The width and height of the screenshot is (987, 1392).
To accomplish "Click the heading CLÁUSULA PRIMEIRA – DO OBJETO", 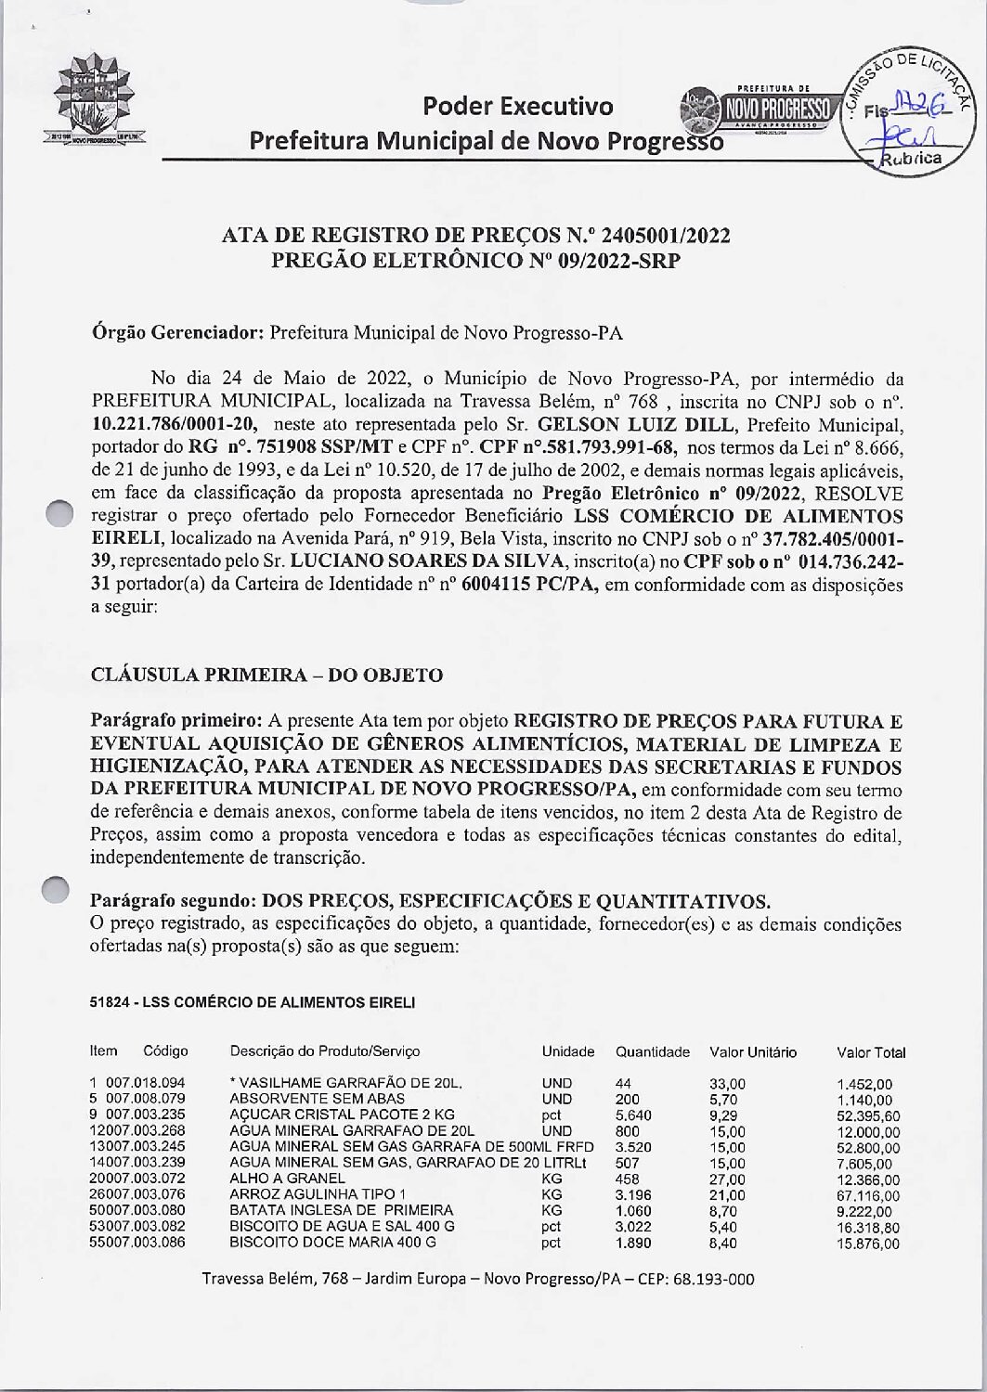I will pyautogui.click(x=266, y=675).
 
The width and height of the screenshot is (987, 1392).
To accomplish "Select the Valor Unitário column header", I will pyautogui.click(x=753, y=1052).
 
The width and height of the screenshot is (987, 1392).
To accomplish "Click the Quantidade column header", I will pyautogui.click(x=652, y=1052).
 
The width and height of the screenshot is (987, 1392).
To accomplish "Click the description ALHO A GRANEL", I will pyautogui.click(x=287, y=1179).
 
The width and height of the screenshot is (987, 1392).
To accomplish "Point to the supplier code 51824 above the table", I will pyautogui.click(x=109, y=1002).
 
